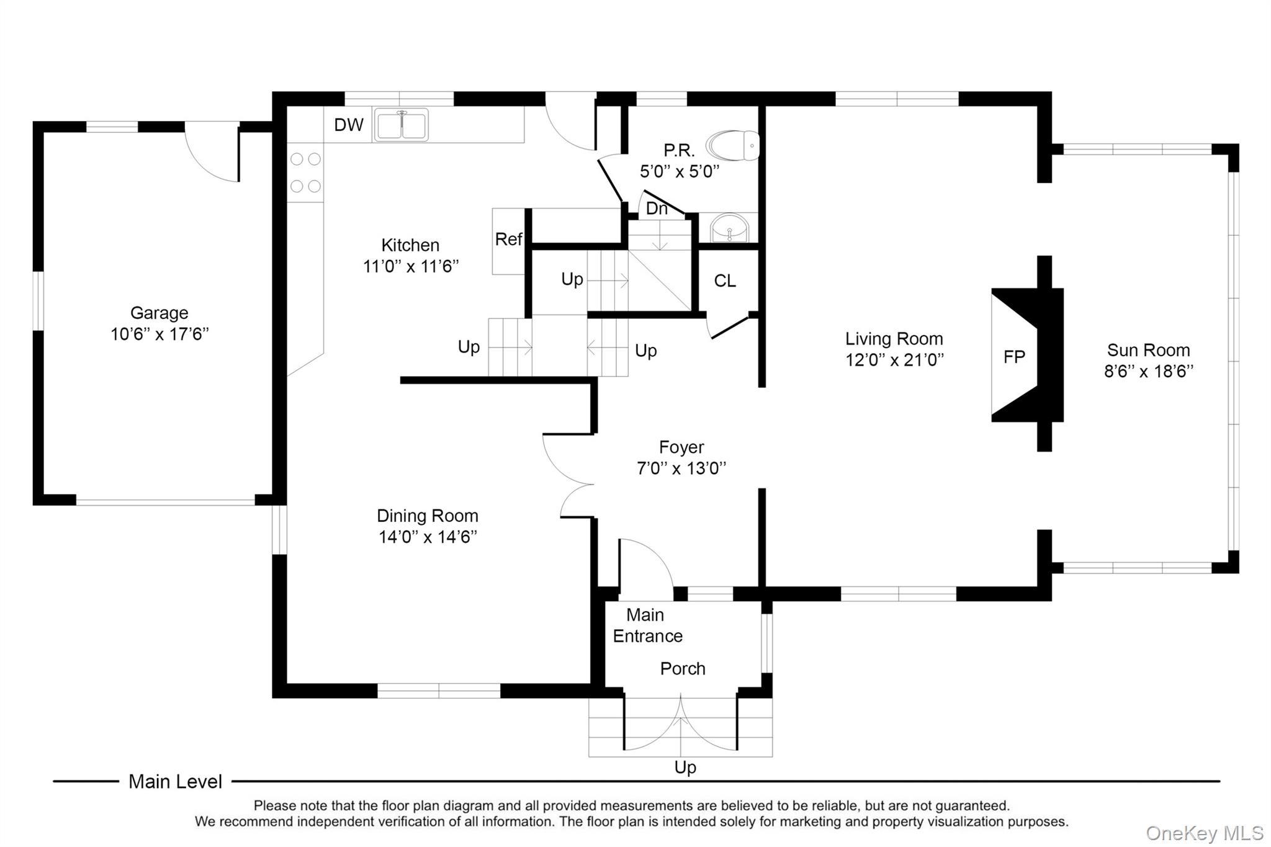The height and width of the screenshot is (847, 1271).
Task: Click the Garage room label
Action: pos(159,313)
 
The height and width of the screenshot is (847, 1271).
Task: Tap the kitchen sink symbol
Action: pos(401,124)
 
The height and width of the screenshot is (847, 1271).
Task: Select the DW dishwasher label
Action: pos(348,125)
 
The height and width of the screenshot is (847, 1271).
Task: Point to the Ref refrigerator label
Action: pos(508,240)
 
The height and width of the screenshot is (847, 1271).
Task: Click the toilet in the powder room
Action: pos(733,146)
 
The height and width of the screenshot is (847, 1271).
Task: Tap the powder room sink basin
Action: pos(729,228)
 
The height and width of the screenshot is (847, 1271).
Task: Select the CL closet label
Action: pos(725,281)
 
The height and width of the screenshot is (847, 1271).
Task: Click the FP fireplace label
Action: pos(1014,357)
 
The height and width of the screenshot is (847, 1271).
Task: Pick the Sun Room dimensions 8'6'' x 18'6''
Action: pos(1148,372)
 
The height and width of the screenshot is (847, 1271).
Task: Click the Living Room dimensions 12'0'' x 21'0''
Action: pos(894,360)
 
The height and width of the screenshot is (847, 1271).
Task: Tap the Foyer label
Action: pos(681,447)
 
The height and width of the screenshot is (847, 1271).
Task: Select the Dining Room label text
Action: pos(427,516)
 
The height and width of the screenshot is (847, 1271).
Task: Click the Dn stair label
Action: pos(657,208)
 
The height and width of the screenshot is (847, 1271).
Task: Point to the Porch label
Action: pos(683,668)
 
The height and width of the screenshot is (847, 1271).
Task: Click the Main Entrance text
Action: pos(647,625)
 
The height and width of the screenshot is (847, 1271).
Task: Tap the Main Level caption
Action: pos(175,781)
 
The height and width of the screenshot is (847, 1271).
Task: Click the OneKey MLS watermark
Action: pos(1204,833)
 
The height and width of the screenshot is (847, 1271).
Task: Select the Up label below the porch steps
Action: pos(685,768)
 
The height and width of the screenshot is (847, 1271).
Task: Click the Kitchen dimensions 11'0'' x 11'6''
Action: pos(410,267)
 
